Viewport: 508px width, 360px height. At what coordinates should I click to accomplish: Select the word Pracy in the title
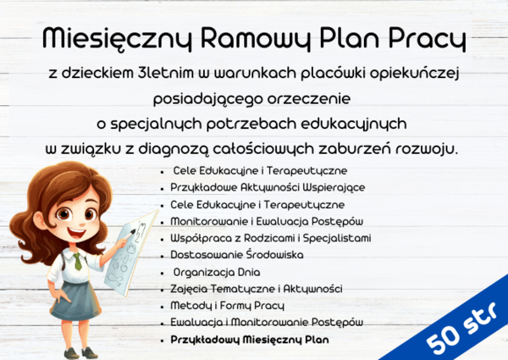pos(428,37)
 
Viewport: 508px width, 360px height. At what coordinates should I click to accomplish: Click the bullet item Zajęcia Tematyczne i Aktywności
pos(250,289)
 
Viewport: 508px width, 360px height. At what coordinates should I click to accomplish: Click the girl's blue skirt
pos(75,300)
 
